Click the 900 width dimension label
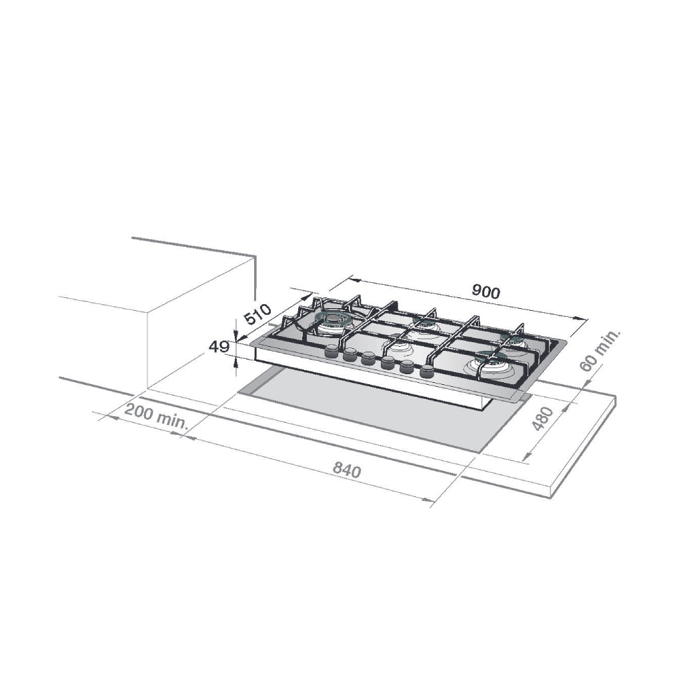[486, 292]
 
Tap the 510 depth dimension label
[257, 314]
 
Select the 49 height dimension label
[219, 347]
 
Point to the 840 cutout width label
[347, 470]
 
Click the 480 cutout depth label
[543, 419]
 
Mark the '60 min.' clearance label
[600, 351]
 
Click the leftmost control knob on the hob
[331, 351]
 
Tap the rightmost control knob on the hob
[427, 372]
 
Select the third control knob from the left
[368, 359]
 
